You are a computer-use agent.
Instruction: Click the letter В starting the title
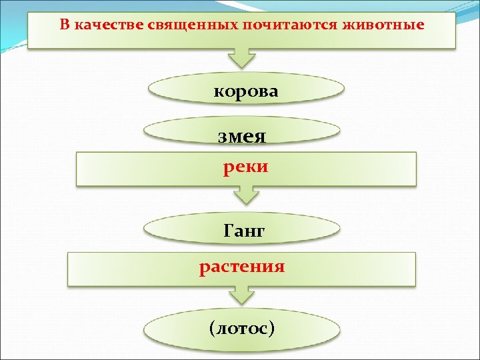(x=64, y=25)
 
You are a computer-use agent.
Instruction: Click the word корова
(x=245, y=91)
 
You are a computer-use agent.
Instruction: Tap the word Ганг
(x=245, y=231)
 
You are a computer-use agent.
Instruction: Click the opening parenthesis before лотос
(x=213, y=328)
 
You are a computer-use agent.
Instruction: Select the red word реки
(x=245, y=167)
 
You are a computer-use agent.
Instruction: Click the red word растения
(x=242, y=267)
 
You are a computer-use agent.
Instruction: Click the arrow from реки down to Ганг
(x=245, y=195)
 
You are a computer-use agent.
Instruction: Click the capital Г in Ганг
(x=229, y=231)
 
